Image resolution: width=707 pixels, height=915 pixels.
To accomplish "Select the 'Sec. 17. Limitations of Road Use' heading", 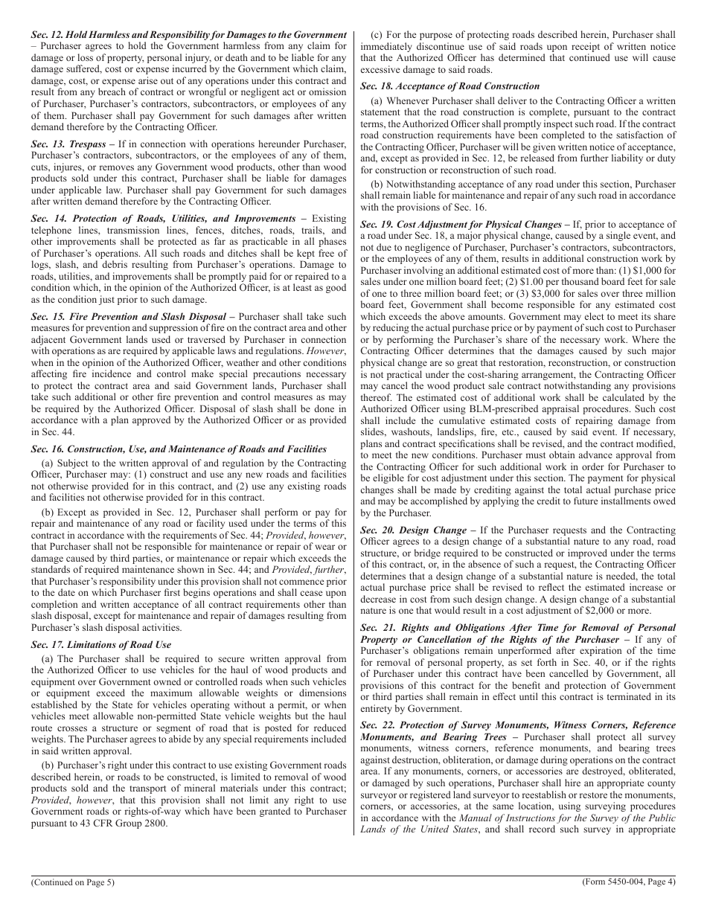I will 100,644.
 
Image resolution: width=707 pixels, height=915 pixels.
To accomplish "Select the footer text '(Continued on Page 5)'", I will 73,882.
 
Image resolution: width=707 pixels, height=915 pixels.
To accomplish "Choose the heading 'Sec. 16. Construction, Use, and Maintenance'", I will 179,449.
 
